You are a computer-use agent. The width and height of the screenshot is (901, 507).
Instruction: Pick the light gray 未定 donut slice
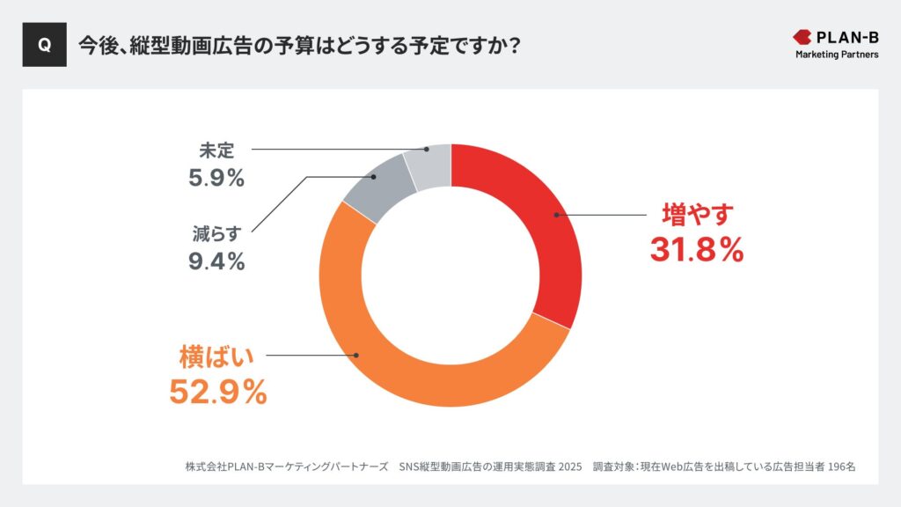[429, 165]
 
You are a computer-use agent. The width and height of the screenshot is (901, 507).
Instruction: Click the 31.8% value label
[697, 250]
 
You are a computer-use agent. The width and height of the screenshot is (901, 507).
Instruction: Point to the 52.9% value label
[217, 392]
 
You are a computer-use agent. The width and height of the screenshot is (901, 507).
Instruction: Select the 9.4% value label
[216, 261]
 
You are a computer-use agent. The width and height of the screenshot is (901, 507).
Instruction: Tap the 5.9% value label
[216, 178]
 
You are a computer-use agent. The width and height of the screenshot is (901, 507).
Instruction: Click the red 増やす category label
[697, 215]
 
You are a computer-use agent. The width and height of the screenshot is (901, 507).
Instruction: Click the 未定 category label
[216, 151]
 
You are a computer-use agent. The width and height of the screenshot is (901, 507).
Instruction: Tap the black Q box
[44, 46]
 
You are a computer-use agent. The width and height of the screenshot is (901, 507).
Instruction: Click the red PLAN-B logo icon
[803, 37]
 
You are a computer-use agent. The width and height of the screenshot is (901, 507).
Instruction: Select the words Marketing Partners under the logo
[836, 55]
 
